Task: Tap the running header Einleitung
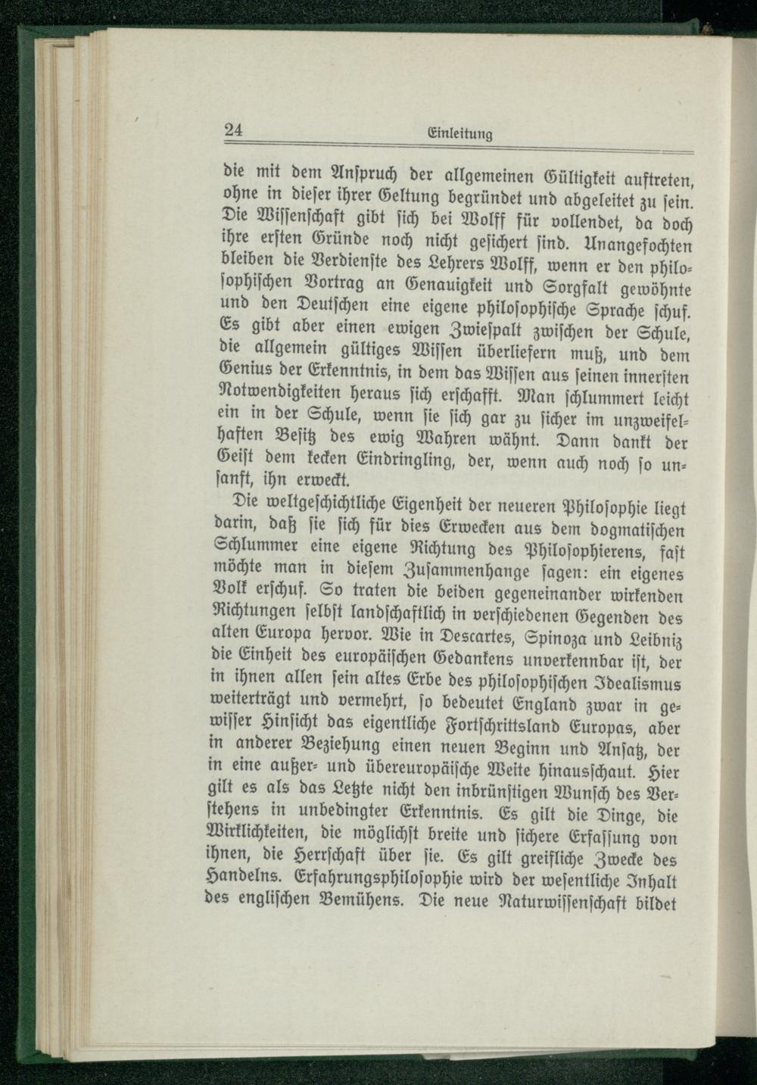460,136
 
